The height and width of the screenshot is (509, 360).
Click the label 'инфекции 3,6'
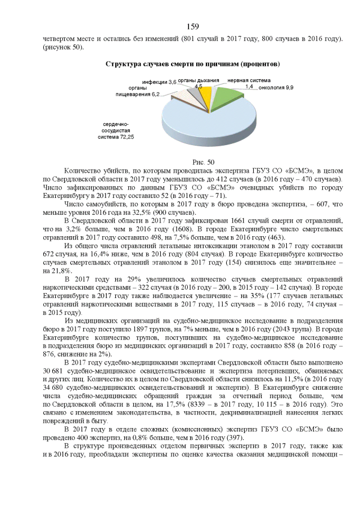click(x=159, y=82)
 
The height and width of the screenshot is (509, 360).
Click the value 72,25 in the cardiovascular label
click(x=125, y=136)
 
